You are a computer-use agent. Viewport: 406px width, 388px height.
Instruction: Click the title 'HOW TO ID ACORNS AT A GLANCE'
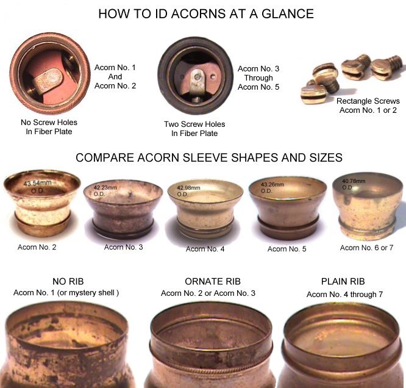(206, 14)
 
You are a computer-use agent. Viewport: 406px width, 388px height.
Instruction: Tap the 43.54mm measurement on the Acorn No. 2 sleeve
(38, 183)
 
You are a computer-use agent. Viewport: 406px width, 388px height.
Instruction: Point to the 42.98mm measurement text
(188, 188)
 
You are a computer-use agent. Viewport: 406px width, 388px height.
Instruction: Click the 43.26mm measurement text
(272, 184)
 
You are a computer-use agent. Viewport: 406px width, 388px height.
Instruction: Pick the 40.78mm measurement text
(354, 181)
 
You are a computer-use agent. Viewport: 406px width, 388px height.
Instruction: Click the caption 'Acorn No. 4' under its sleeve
(205, 249)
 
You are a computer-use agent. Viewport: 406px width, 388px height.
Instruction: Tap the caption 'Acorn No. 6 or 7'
(366, 248)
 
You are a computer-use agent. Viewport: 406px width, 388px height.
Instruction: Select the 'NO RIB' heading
(68, 281)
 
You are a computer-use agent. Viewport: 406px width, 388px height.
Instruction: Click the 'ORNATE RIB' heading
(213, 281)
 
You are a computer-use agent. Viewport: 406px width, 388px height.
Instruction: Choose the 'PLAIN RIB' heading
(343, 281)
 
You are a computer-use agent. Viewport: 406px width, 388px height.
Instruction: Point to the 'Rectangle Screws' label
(368, 101)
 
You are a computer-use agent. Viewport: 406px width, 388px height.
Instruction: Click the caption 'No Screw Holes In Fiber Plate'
(49, 127)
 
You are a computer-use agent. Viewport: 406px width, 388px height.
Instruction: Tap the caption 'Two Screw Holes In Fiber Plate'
(194, 129)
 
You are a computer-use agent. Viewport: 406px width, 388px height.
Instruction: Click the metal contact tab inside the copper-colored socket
(48, 81)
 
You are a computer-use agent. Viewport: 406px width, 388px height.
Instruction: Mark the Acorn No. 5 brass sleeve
(287, 207)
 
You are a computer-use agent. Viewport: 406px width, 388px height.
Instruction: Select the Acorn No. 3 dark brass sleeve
(123, 209)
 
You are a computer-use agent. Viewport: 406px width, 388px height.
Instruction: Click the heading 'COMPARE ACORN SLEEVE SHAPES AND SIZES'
(209, 157)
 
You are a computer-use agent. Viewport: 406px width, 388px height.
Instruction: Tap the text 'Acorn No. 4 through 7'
(344, 295)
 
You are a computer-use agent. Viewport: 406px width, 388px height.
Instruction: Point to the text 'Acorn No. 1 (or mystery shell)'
(66, 293)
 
